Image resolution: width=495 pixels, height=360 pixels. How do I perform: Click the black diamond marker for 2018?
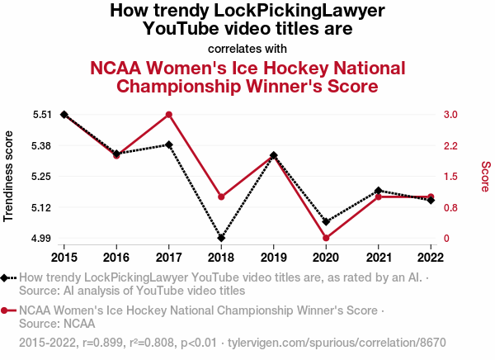tap(221, 238)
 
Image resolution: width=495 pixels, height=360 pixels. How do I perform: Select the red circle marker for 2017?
tap(168, 115)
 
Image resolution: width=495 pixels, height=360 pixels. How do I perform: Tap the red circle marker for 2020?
tap(326, 238)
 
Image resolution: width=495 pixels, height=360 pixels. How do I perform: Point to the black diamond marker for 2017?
tap(168, 144)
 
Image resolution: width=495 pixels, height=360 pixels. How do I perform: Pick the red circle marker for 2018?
tap(221, 197)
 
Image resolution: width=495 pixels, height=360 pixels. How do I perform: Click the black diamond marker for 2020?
tap(326, 221)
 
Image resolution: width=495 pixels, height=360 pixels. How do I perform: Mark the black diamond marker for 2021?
tap(379, 191)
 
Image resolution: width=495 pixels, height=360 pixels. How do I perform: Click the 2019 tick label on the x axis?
tap(273, 253)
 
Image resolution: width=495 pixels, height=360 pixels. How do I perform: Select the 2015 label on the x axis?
tap(64, 253)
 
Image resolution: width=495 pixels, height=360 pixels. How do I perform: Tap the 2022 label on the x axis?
tap(431, 253)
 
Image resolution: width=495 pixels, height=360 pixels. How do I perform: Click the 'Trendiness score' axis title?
tap(9, 176)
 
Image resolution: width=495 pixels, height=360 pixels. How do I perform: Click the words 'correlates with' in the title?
tap(247, 48)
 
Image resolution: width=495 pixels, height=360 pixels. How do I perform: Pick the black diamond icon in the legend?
tap(7, 278)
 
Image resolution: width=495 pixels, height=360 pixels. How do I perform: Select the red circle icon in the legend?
tap(7, 310)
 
